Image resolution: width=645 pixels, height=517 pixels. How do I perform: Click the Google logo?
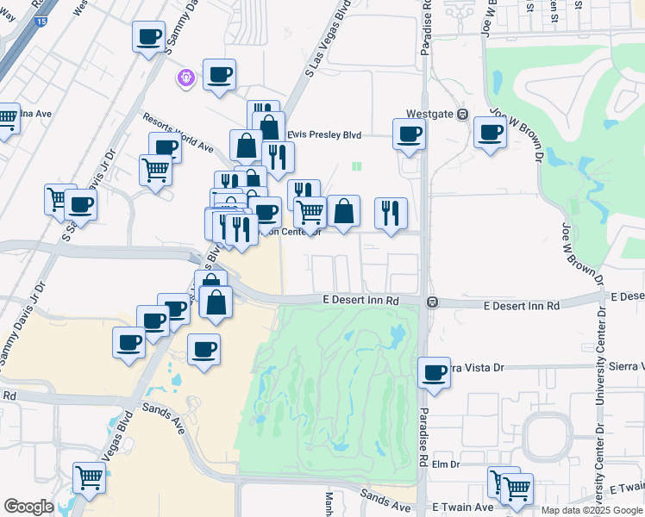point(28,507)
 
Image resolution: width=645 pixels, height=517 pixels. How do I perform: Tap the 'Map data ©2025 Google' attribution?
point(592,510)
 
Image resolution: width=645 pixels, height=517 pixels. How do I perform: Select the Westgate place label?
point(430,114)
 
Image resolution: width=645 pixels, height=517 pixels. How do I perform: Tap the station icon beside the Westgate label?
point(462,115)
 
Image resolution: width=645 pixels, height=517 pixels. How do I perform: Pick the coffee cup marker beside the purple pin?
point(219,74)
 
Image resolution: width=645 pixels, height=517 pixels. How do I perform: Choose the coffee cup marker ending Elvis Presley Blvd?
point(409,134)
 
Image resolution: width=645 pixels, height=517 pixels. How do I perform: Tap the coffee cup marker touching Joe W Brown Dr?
point(490,133)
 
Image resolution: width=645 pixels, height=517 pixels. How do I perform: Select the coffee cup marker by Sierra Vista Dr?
point(434,372)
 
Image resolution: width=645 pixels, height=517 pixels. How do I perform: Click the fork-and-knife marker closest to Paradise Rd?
point(391,213)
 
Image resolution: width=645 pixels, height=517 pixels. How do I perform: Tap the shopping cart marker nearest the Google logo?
point(89,477)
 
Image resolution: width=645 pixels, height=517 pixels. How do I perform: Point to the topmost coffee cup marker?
point(148,36)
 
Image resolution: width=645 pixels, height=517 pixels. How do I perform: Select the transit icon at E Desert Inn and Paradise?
point(432,302)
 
